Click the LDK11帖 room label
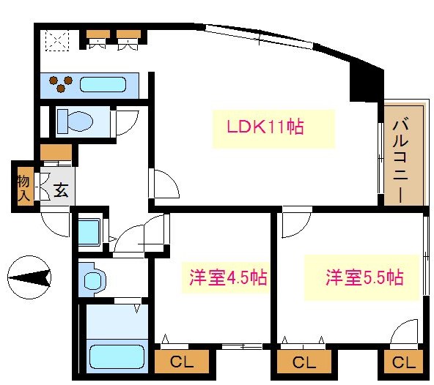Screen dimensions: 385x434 click(265, 127)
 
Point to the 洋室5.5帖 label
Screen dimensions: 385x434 click(364, 278)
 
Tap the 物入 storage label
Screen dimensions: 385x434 click(23, 187)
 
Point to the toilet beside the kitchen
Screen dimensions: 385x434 click(73, 121)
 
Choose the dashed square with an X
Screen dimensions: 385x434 click(55, 40)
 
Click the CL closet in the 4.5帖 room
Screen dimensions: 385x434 click(182, 362)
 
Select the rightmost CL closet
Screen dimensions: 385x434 click(402, 362)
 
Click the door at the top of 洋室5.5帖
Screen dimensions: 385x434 click(295, 223)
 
